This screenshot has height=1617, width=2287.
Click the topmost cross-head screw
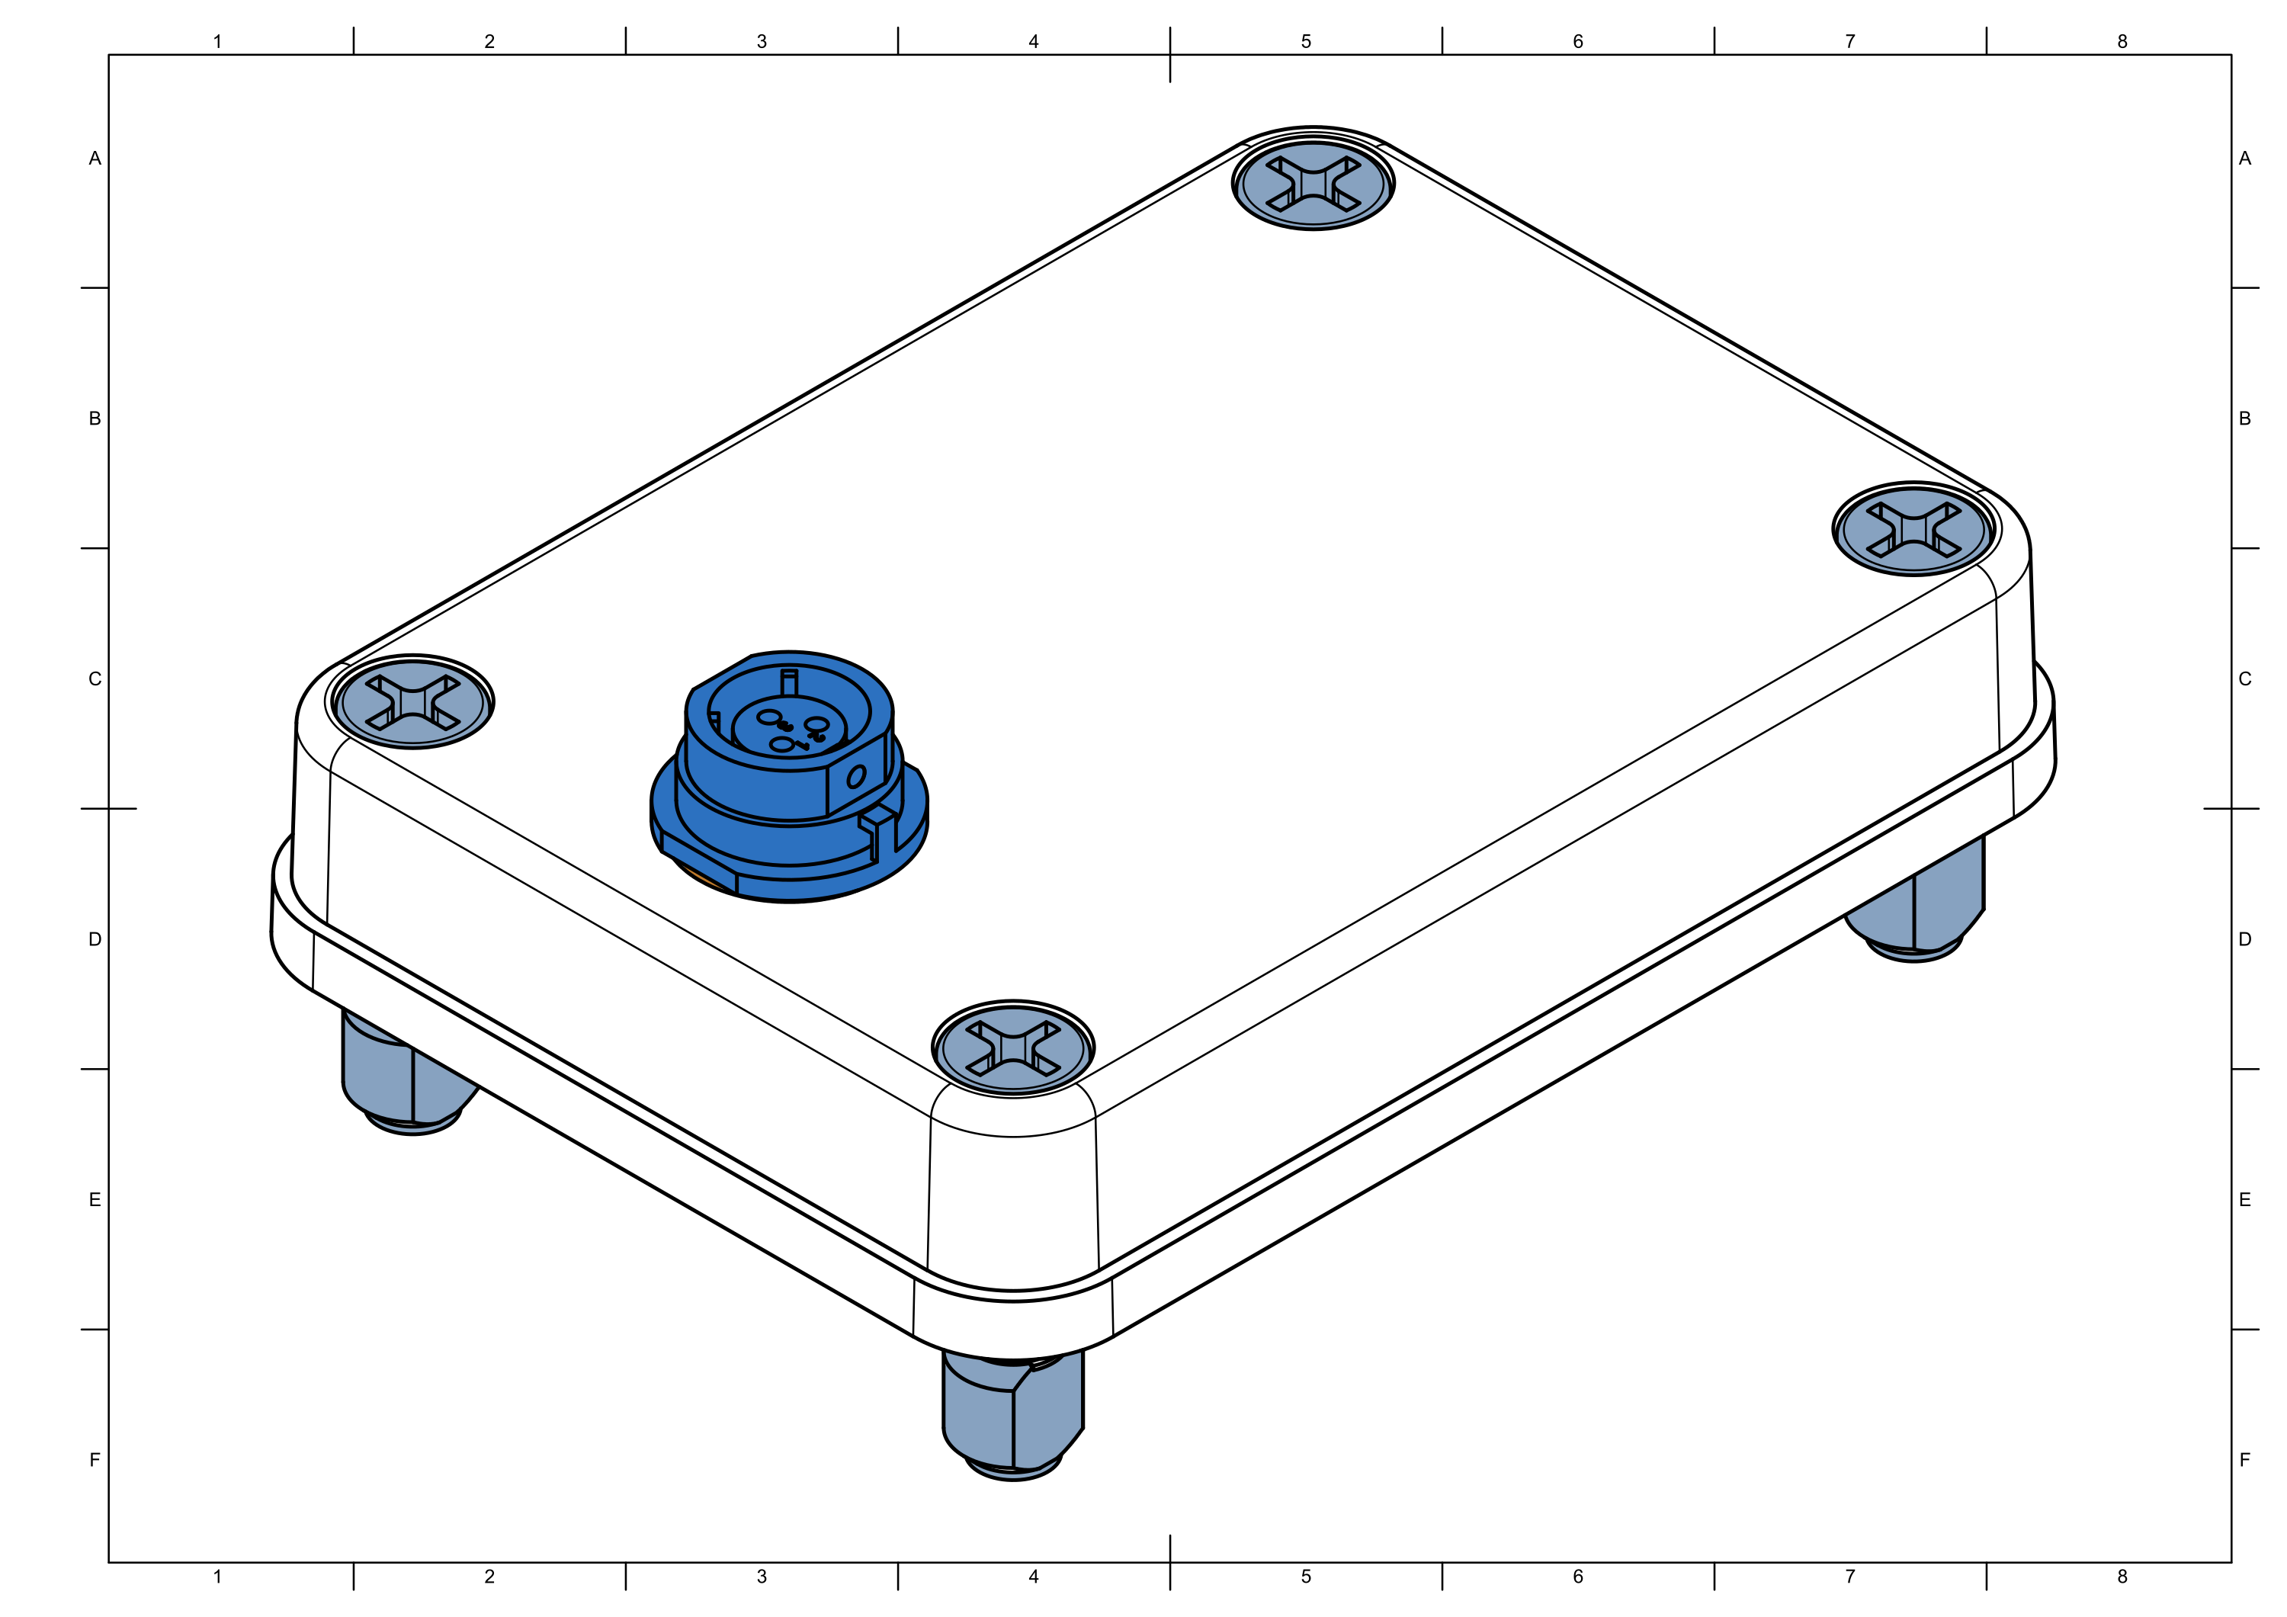[x=1313, y=185]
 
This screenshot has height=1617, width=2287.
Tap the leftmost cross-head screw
[x=412, y=704]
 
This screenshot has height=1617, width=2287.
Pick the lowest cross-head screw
[x=1013, y=1049]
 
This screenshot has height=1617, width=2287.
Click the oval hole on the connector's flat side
[x=855, y=776]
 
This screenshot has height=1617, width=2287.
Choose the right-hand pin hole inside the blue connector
[x=816, y=724]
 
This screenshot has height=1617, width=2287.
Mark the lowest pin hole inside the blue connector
[x=782, y=744]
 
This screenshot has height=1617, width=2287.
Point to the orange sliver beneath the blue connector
[x=702, y=877]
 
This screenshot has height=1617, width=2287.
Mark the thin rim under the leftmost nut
[x=412, y=1126]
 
